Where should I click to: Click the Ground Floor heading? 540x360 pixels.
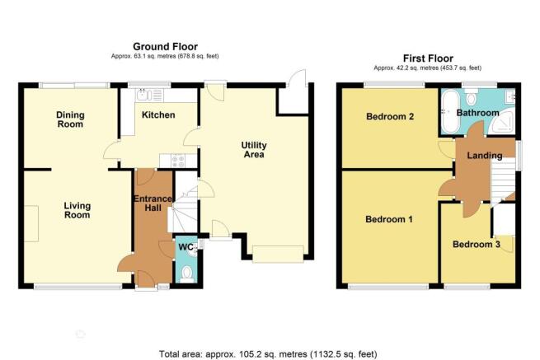point(166,46)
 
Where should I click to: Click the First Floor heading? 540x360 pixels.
point(428,58)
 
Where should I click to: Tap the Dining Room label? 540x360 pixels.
point(70,119)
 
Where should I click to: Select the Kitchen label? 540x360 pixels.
point(158,115)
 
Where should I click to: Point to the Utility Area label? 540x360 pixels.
point(254,150)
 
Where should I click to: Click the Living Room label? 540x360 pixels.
point(77,210)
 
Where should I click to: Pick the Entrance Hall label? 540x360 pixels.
point(153,203)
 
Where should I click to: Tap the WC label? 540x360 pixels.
point(186,247)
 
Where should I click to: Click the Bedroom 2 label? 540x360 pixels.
point(390,116)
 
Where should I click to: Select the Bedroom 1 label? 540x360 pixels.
point(389,219)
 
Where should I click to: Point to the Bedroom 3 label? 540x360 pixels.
point(477,245)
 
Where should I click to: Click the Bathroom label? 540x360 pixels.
point(477,113)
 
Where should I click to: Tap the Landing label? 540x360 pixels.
point(485,156)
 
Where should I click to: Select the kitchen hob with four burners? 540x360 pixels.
point(178,160)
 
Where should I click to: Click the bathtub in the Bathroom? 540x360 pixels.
point(450,111)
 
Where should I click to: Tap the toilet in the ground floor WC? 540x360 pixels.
point(187,274)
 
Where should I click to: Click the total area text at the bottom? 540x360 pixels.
point(268,353)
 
